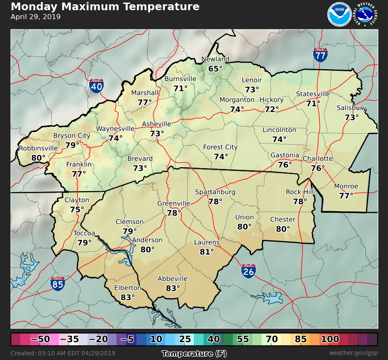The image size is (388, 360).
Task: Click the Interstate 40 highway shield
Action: [96, 86]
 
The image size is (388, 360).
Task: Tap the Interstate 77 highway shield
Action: [320, 54]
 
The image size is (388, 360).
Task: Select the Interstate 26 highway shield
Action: [249, 270]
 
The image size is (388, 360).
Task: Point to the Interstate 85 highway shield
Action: [58, 283]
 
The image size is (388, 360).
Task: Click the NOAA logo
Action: [339, 14]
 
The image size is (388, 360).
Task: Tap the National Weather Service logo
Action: [365, 14]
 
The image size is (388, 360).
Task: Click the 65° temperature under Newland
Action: [215, 68]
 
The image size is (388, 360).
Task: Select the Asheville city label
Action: [156, 124]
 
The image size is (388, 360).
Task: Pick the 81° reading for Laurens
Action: [207, 252]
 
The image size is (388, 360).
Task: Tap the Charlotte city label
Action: [317, 159]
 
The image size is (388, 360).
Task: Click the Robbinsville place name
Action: [38, 148]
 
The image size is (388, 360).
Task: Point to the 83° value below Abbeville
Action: [173, 288]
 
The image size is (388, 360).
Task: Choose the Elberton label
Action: [127, 288]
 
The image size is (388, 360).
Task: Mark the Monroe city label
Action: [346, 186]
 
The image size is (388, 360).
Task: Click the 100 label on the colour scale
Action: [330, 339]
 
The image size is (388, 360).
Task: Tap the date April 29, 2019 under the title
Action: [36, 17]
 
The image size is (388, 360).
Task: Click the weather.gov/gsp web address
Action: [353, 353]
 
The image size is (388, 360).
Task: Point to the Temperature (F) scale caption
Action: [194, 353]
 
